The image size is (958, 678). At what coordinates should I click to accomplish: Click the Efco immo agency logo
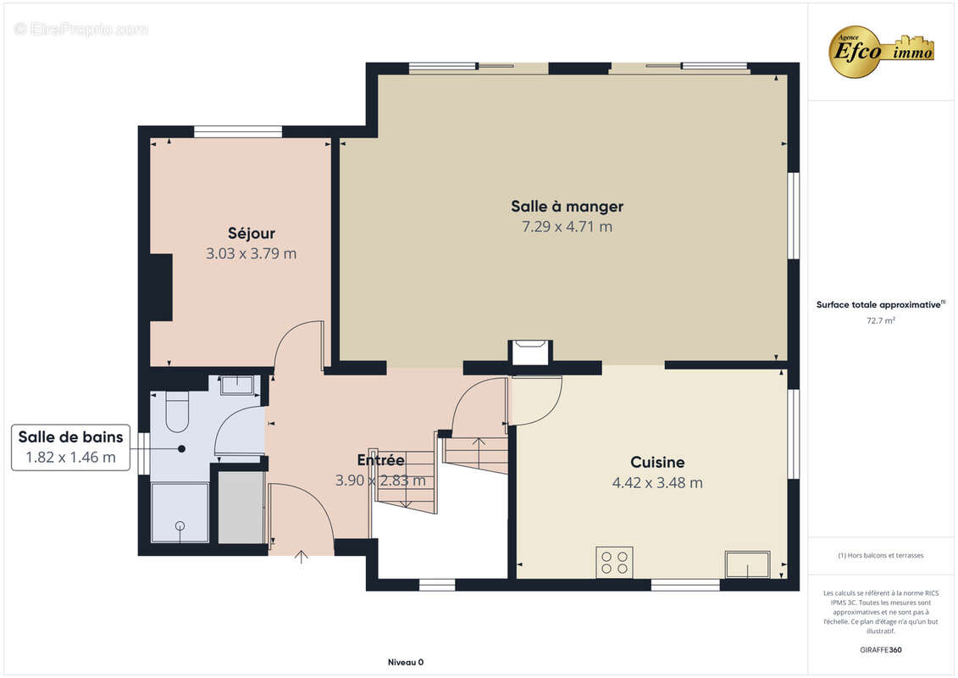[x=882, y=52]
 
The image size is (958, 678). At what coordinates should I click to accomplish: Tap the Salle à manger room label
[x=567, y=207]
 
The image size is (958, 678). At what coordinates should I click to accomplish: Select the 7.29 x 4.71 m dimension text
[x=567, y=227]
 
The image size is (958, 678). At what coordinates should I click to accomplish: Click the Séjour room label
[x=251, y=234]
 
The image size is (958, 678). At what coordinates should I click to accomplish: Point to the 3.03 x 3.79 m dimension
[x=251, y=253]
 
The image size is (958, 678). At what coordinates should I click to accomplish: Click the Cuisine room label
[x=657, y=462]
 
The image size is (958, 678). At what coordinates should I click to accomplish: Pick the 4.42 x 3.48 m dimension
[x=657, y=482]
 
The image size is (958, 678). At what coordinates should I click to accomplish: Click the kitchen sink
[x=747, y=564]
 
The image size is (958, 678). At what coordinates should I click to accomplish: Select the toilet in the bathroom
[x=177, y=411]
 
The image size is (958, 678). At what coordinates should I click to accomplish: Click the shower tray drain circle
[x=180, y=525]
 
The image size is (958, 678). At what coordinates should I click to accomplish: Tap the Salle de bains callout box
[x=71, y=447]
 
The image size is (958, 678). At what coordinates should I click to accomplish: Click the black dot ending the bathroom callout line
[x=181, y=448]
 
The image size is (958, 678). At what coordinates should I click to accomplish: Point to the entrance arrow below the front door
[x=302, y=556]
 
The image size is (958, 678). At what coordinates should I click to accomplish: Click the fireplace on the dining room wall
[x=530, y=353]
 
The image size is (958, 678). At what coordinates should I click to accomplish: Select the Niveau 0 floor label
[x=406, y=662]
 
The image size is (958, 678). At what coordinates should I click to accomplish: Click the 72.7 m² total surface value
[x=880, y=320]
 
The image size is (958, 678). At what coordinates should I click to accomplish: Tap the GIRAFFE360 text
[x=880, y=650]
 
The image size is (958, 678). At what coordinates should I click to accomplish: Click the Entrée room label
[x=380, y=459]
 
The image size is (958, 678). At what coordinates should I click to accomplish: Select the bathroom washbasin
[x=236, y=385]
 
